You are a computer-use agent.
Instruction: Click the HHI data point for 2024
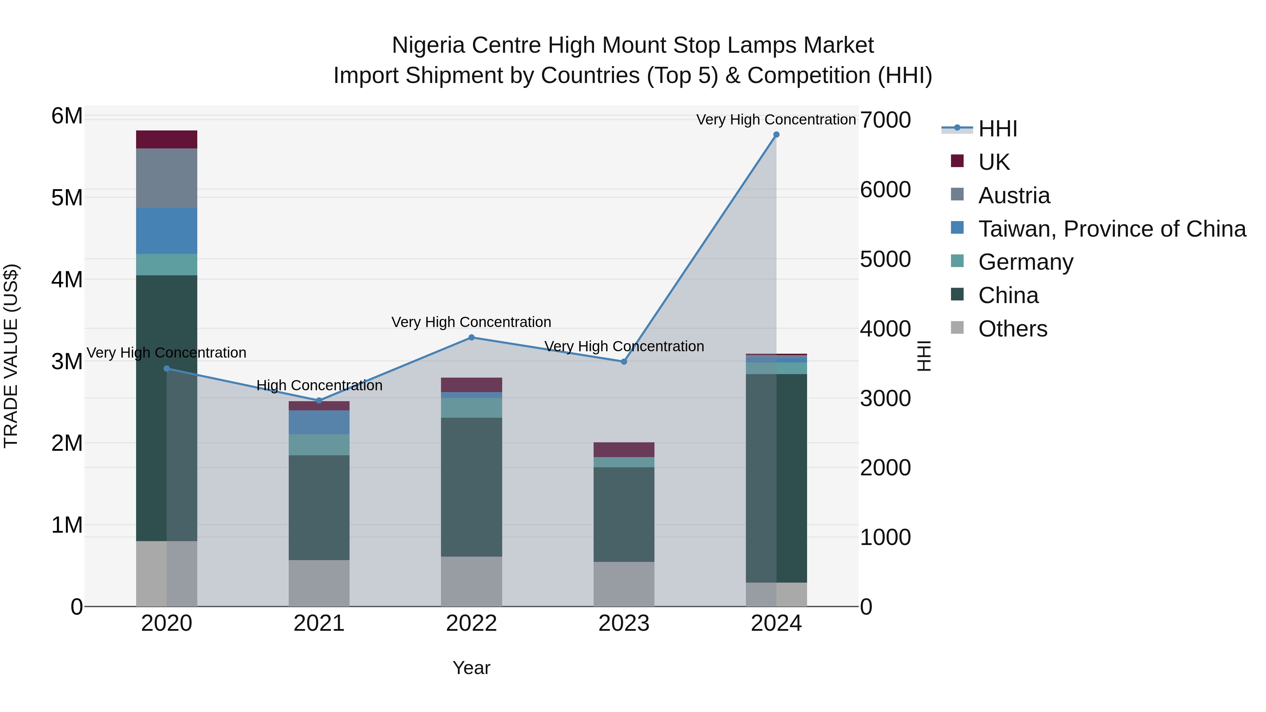tap(776, 135)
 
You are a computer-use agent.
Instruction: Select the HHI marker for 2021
tap(319, 400)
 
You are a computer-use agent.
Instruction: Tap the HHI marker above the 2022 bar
tap(471, 338)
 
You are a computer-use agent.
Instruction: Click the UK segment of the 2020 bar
tap(167, 140)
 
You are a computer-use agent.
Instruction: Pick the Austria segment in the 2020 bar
tap(167, 178)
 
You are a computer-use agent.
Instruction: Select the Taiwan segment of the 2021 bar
tap(319, 422)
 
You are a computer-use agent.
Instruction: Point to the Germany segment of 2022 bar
tap(471, 408)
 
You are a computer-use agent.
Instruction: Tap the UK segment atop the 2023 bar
tap(624, 450)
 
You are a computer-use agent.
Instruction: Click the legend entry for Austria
tap(1014, 195)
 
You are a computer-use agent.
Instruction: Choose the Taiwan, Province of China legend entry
tap(1112, 229)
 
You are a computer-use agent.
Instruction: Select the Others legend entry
tap(1012, 329)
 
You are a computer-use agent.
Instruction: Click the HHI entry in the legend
tap(997, 129)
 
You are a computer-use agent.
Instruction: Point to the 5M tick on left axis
tap(67, 198)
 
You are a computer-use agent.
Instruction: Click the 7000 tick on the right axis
tap(885, 120)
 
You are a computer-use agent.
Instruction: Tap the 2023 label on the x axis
tap(624, 623)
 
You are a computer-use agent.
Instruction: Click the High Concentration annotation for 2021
tap(319, 385)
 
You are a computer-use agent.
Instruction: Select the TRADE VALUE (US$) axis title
tap(11, 356)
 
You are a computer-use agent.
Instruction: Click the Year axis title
tap(471, 668)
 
